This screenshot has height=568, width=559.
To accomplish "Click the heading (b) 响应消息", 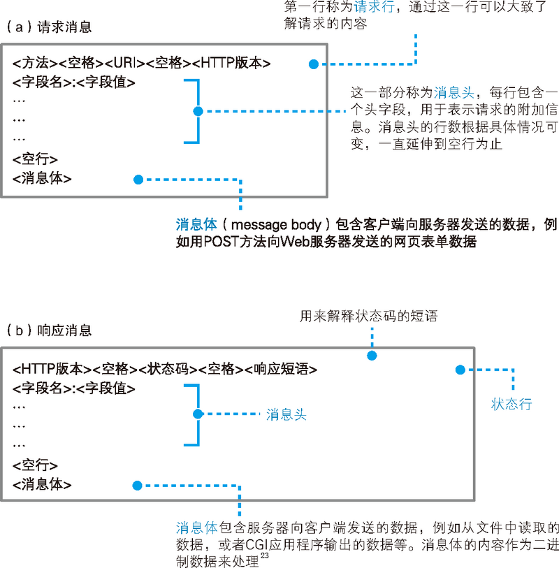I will click(x=49, y=330).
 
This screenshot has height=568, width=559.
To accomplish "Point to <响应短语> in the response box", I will click(x=281, y=369).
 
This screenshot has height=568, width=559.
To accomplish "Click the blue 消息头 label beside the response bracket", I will click(x=286, y=414).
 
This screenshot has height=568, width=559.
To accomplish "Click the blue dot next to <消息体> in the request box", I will click(x=138, y=179).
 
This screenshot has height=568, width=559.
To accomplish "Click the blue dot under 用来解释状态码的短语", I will click(x=372, y=355).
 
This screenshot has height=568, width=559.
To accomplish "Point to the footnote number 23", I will click(x=265, y=555).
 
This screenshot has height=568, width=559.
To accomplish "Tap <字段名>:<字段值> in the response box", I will click(x=73, y=388).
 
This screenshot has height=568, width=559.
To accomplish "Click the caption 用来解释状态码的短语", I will click(x=368, y=316).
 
